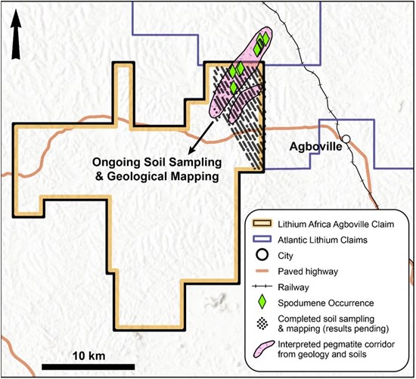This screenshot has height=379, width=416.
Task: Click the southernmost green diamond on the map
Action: click(234, 88)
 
